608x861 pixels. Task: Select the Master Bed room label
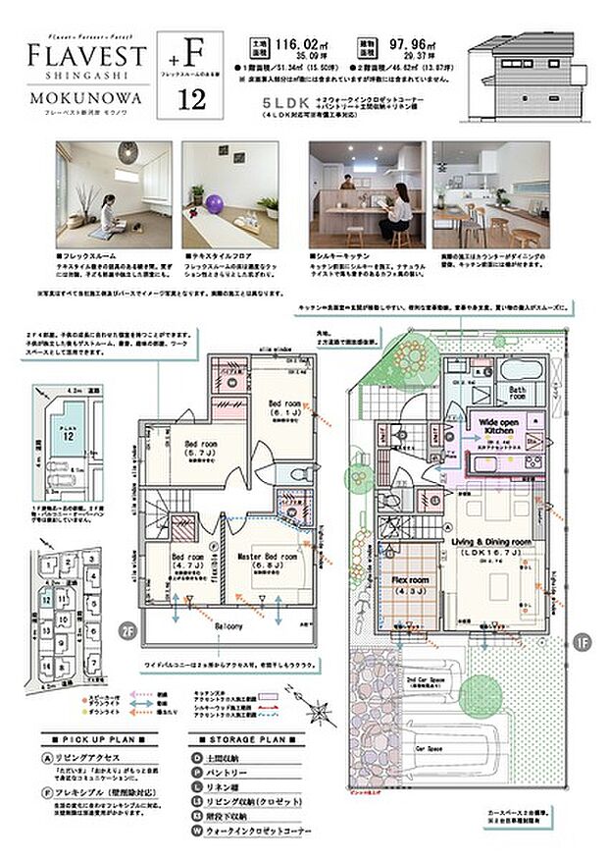267,556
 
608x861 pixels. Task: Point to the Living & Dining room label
491,541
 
